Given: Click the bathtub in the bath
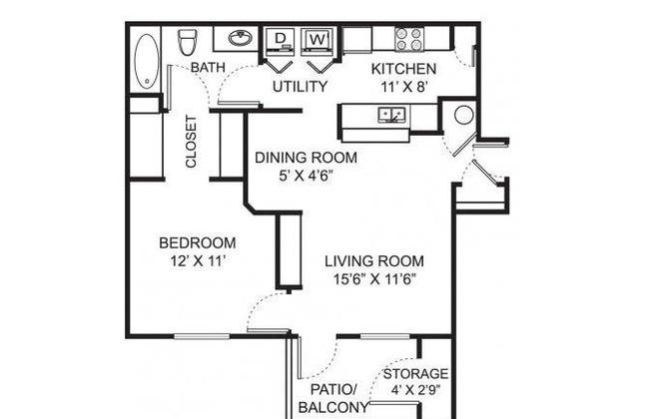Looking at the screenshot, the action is coord(146,61).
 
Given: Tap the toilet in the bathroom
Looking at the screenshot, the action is coord(188,42).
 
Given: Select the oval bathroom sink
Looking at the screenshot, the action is coord(241,39).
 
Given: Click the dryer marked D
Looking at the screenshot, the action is coord(281,41).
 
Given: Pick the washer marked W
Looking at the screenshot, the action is coord(318,41).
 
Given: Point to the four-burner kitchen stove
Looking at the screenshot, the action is coord(409,39).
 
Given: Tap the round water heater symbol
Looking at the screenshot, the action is coord(463,115).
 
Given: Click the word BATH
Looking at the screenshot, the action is coord(208,67).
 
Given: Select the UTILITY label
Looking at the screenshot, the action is coord(301,87).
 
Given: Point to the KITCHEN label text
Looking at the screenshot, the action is coord(403,69).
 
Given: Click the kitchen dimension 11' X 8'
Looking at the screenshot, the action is coord(403,87).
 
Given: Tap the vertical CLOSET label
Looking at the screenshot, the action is coord(191,142).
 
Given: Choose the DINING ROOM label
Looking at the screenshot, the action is coord(306,158).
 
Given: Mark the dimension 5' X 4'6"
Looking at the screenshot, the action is coord(306,177).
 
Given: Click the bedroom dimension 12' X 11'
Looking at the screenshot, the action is coord(198,261).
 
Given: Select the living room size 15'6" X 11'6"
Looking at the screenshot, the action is coord(374,279).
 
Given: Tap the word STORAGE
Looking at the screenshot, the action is coord(415,374).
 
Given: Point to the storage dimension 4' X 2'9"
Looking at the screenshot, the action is coord(415,390).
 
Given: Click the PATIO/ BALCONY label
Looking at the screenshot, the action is coord(333,398).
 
